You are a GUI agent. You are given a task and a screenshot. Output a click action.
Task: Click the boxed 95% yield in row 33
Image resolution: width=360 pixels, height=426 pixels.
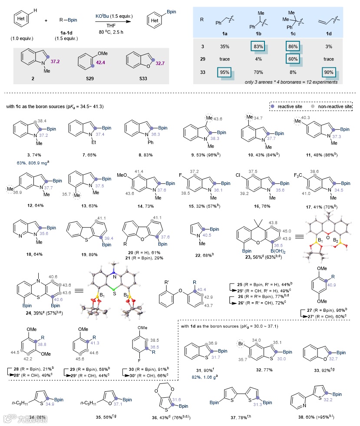(x=225, y=73)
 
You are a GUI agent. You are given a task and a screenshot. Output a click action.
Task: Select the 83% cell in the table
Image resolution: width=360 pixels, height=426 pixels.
(x=260, y=45)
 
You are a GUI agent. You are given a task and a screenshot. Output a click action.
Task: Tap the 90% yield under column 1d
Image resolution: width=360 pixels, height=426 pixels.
(x=328, y=73)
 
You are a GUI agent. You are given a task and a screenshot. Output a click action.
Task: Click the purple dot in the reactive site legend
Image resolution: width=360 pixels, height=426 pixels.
(x=272, y=106)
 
